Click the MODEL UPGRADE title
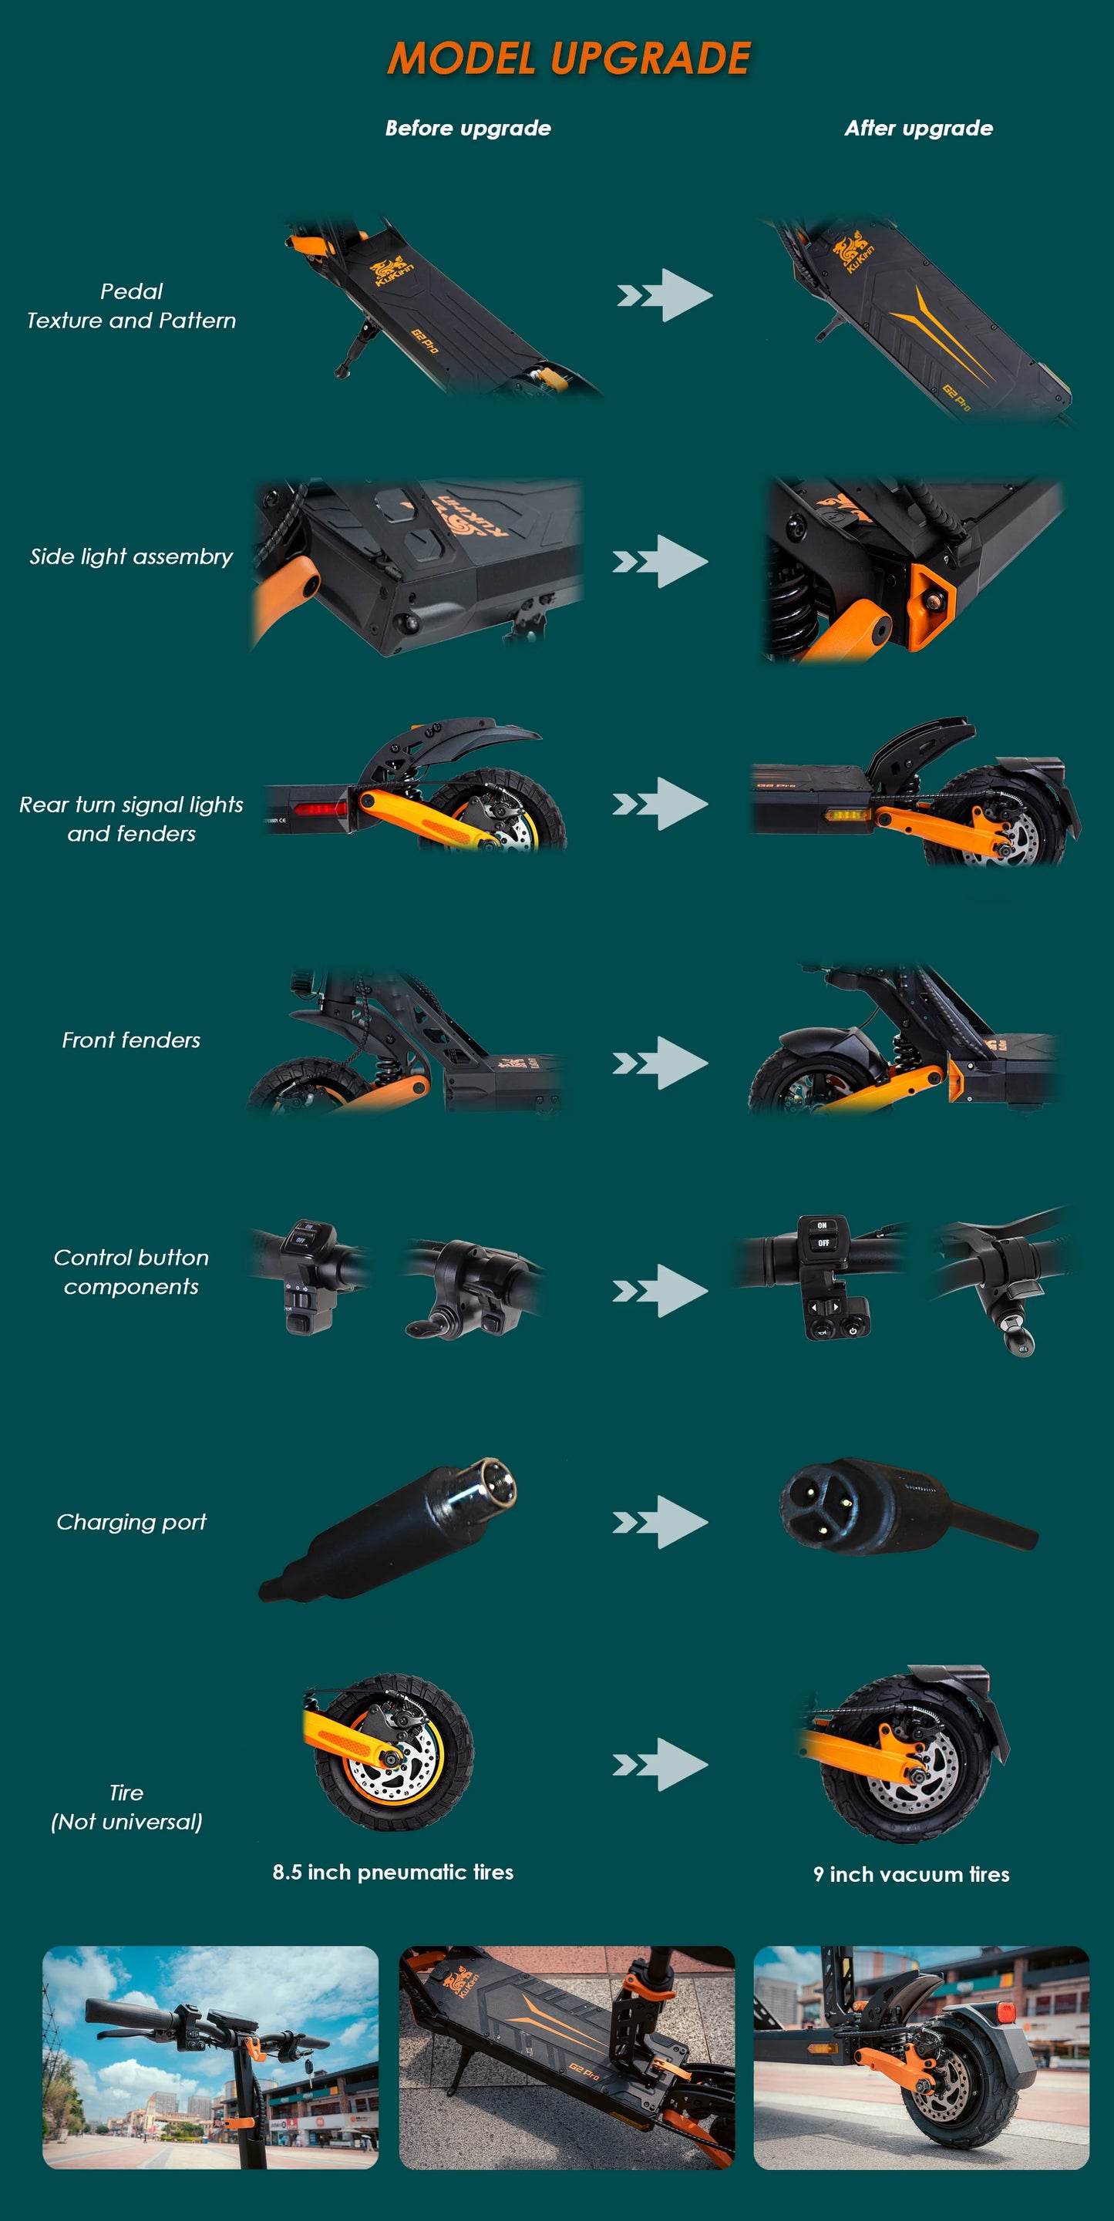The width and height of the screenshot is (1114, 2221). click(x=569, y=59)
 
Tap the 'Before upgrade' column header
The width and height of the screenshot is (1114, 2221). click(x=467, y=129)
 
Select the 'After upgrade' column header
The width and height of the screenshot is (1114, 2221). click(x=918, y=129)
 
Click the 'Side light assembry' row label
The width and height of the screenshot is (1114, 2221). click(x=131, y=557)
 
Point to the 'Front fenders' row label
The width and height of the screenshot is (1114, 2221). click(x=131, y=1040)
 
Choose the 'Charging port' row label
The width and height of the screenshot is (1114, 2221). click(x=131, y=1523)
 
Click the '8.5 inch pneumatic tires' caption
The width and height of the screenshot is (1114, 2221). click(x=393, y=1872)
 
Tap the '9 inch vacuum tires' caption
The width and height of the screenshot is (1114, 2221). click(x=910, y=1874)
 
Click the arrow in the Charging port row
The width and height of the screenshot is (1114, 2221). click(x=661, y=1523)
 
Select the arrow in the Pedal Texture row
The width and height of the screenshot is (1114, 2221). click(x=665, y=296)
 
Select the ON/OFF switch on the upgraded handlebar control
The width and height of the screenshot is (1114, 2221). click(x=823, y=1235)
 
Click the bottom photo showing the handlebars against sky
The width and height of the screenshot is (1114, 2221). click(x=210, y=2057)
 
